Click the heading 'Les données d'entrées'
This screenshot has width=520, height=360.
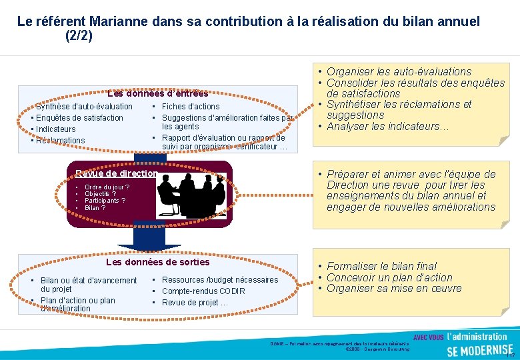pos(158,93)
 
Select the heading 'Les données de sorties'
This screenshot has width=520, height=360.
pos(158,262)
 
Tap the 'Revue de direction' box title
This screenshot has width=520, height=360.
pos(117,173)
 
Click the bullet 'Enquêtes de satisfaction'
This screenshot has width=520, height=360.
pos(79,118)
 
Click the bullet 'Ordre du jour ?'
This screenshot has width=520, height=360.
pos(107,187)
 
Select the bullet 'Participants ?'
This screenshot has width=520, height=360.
pos(105,201)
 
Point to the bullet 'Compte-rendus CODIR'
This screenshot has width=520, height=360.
pos(203,291)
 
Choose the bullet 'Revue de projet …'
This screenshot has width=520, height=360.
pos(195,303)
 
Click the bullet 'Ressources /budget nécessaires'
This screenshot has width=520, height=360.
pos(220,280)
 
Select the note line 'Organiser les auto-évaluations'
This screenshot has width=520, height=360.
pos(399,71)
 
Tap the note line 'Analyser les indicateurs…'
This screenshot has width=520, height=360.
pos(388,127)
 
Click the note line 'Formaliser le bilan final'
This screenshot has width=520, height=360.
pos(381,266)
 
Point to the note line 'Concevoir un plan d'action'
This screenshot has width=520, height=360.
pos(389,277)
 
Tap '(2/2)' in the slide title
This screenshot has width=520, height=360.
pos(79,35)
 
